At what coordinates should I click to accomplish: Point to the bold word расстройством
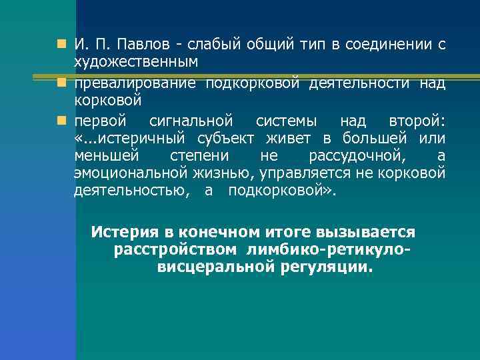175,249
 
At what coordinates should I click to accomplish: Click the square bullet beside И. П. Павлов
61,45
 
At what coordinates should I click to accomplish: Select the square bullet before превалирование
61,83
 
